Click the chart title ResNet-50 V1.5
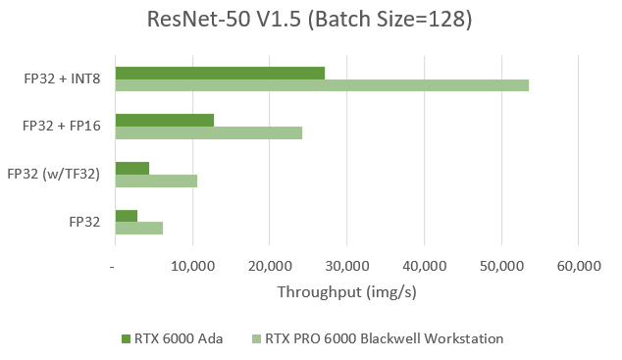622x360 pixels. [310, 21]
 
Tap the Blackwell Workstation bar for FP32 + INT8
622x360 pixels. [322, 85]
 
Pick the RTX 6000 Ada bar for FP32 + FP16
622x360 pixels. [164, 120]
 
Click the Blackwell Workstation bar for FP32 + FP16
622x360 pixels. [208, 132]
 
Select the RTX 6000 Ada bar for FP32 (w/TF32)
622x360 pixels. [131, 168]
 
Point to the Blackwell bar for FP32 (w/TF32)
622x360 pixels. [156, 180]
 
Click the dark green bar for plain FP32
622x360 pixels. [126, 215]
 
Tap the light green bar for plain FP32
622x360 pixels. [138, 228]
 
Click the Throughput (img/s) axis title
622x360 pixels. [346, 292]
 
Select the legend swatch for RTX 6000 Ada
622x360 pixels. [126, 338]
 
